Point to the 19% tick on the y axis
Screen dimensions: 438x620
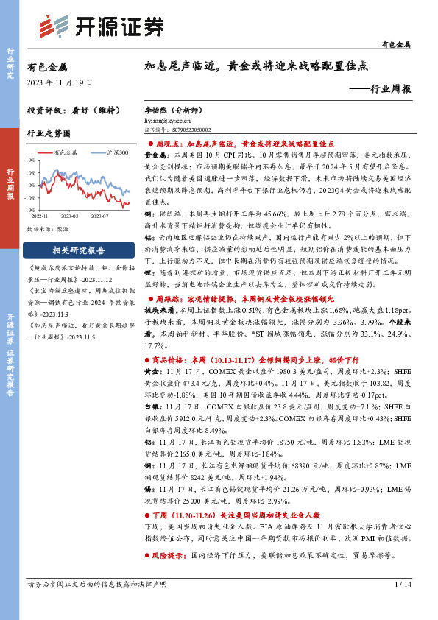coord(30,160)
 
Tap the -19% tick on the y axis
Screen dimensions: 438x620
coord(29,209)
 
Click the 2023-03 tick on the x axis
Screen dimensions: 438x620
coord(71,216)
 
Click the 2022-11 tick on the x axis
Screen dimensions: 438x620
coord(40,216)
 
